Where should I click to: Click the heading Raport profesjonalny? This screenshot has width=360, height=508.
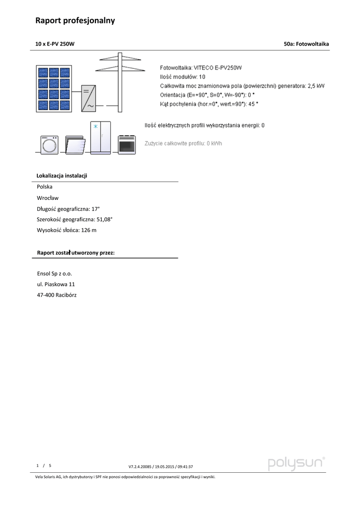(x=75, y=20)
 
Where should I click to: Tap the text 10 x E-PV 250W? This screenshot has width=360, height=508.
(x=55, y=44)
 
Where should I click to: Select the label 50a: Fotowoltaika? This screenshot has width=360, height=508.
(x=306, y=44)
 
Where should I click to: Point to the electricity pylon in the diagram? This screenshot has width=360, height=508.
(x=120, y=82)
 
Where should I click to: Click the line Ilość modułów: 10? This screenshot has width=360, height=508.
(x=182, y=77)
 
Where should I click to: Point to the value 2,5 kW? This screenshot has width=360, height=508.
(x=316, y=86)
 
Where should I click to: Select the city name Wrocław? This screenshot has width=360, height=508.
(x=48, y=198)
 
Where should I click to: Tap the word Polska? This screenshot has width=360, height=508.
(x=45, y=187)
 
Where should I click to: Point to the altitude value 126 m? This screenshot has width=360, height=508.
(x=88, y=230)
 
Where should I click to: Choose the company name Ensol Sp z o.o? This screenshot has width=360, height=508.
(x=55, y=273)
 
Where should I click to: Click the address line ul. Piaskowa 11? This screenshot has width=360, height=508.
(x=56, y=284)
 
